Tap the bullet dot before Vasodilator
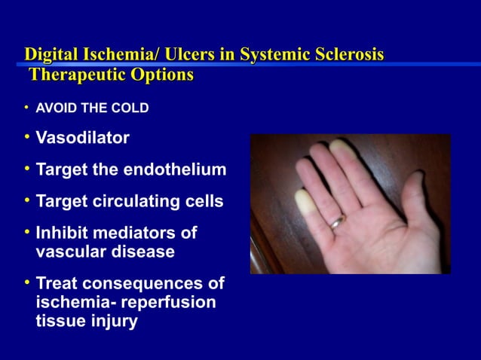click(26, 138)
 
